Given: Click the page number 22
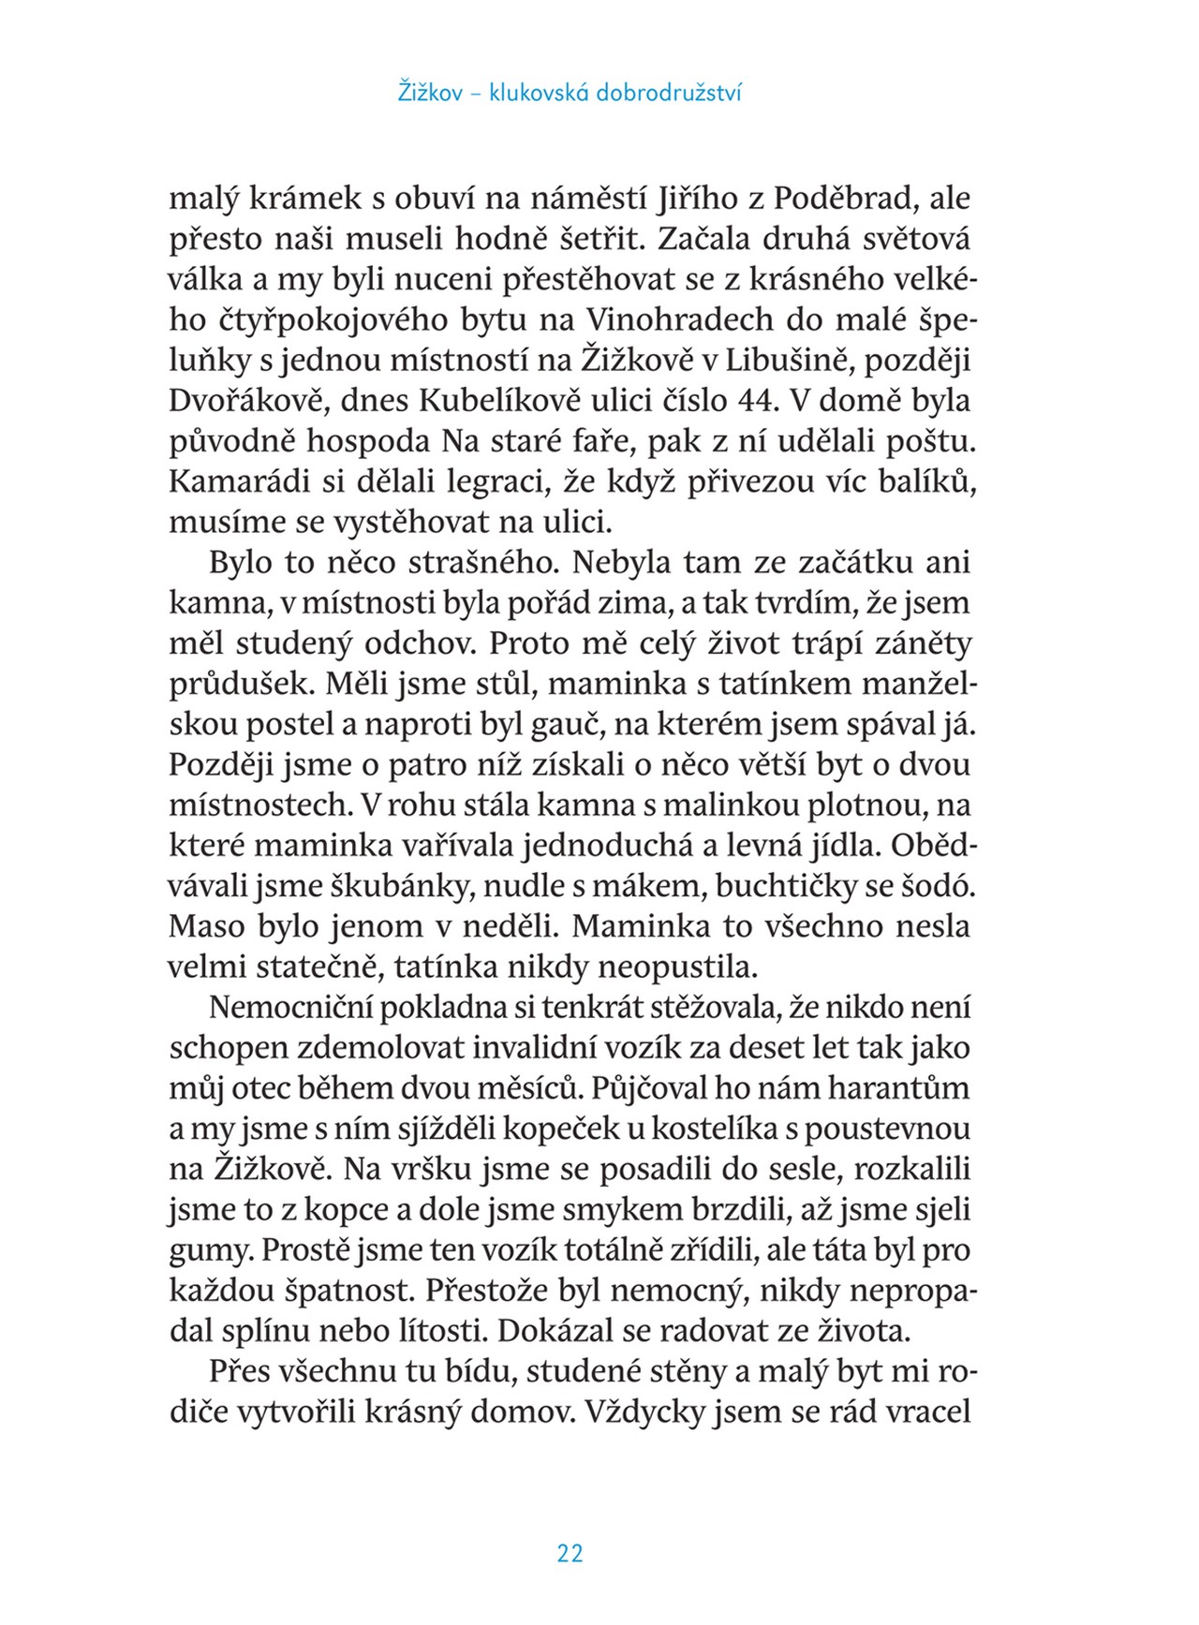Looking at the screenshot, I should tap(570, 1555).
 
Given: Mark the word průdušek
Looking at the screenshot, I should tap(240, 685).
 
